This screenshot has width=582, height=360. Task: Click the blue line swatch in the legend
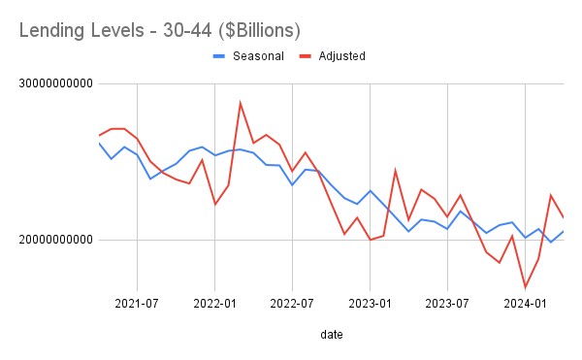tap(219, 55)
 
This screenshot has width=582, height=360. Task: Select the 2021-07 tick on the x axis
tap(137, 302)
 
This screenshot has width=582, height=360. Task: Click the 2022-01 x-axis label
tap(214, 302)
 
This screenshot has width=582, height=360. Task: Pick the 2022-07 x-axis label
tap(292, 302)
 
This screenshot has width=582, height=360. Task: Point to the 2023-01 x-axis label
tap(370, 302)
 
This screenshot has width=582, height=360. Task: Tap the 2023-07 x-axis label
tap(447, 302)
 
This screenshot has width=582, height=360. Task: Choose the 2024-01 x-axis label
tap(525, 302)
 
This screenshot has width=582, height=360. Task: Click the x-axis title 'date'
tap(330, 335)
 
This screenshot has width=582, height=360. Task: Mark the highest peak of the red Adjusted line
tap(241, 103)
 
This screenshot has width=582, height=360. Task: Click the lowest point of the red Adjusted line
tap(525, 287)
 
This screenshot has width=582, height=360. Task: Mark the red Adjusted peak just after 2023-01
tap(396, 171)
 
